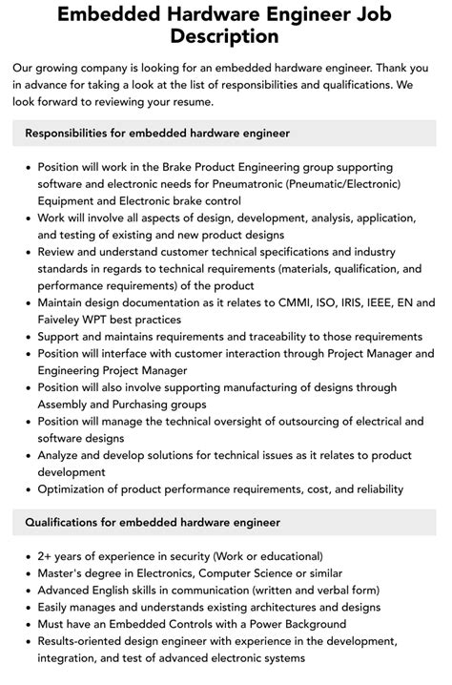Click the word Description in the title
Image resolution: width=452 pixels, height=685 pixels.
pos(226,37)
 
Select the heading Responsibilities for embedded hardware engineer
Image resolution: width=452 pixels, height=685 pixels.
pos(157,133)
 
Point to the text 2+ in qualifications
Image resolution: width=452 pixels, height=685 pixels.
pos(47,556)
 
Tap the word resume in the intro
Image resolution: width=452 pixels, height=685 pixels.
pos(192,102)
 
